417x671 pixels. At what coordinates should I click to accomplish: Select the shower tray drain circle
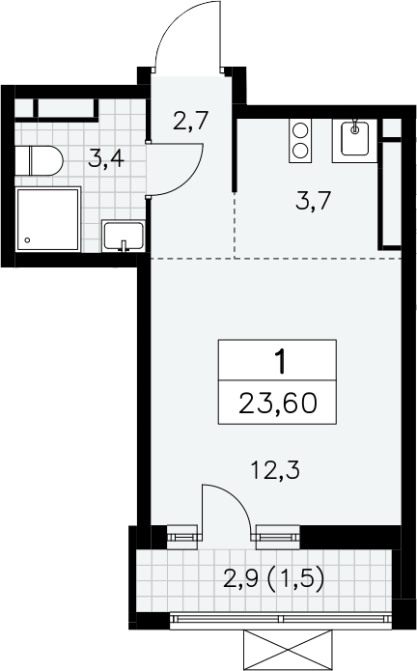[27, 240]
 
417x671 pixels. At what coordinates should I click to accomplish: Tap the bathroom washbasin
[124, 236]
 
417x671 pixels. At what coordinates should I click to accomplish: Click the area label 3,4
[105, 159]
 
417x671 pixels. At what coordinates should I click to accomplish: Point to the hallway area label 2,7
[190, 121]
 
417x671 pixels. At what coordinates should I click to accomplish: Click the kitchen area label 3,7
[313, 200]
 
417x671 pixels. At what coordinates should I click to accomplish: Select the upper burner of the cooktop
[300, 130]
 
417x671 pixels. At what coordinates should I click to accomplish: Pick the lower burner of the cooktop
[300, 150]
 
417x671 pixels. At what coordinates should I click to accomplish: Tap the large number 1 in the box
[280, 361]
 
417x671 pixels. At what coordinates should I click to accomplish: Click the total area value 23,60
[278, 404]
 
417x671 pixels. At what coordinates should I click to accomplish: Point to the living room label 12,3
[275, 470]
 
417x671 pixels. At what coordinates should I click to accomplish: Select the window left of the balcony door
[183, 536]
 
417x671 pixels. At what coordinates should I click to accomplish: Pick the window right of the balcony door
[278, 537]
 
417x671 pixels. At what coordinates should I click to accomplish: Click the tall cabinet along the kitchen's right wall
[390, 195]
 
